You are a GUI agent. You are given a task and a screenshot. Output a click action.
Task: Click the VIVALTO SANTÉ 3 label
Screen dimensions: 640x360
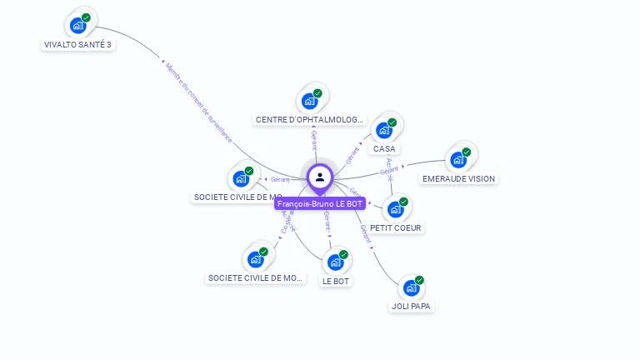(77, 45)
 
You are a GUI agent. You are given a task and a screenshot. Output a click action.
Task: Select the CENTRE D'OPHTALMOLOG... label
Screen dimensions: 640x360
(310, 120)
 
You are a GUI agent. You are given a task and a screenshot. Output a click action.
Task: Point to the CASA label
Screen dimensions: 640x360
(384, 149)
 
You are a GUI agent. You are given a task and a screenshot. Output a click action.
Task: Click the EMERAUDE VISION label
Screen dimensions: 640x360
(458, 178)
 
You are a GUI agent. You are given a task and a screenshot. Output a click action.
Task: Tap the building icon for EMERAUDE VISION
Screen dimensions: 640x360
(457, 159)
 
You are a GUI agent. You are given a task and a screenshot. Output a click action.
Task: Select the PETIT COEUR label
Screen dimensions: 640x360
(396, 227)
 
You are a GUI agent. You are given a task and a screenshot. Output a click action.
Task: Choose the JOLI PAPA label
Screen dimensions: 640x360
(412, 306)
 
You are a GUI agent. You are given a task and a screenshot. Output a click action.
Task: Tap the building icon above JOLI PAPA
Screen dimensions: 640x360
(411, 287)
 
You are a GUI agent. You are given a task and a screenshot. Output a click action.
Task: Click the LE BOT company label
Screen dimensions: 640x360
(336, 281)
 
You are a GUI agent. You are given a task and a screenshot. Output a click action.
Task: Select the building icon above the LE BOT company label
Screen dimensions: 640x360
(335, 262)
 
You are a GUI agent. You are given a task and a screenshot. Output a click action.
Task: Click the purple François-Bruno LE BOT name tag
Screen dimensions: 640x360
(320, 203)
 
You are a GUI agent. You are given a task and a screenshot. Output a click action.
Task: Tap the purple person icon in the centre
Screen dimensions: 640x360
(320, 177)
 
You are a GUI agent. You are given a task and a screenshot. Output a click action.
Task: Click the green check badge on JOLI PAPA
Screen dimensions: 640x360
(419, 280)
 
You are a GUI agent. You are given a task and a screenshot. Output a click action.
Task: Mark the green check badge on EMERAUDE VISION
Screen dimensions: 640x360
(467, 152)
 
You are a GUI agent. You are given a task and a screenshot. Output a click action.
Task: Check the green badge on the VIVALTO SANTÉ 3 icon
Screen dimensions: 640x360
(86, 17)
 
